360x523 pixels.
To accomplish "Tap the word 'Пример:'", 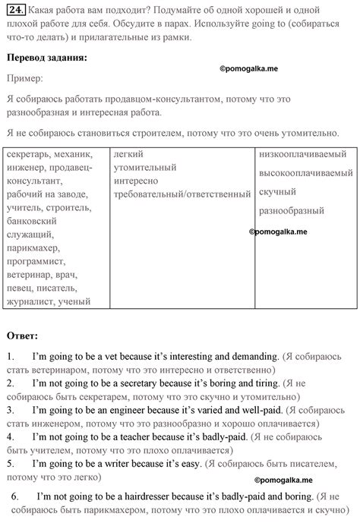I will pos(24,78).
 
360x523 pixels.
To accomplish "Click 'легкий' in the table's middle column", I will pos(127,154).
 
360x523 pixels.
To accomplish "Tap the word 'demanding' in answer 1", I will pos(252,356).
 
